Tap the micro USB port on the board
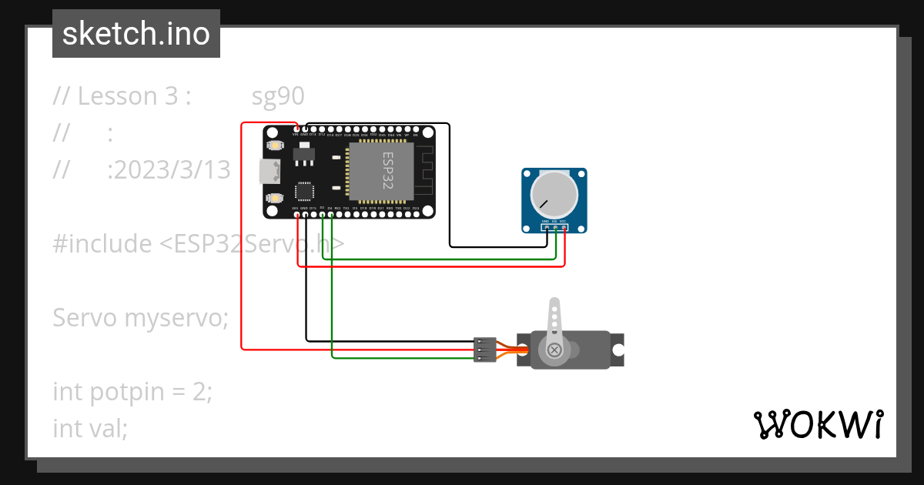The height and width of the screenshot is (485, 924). [271, 171]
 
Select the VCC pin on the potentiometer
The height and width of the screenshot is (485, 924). [564, 228]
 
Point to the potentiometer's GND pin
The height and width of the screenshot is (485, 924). [546, 228]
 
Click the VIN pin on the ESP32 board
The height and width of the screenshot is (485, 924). [296, 129]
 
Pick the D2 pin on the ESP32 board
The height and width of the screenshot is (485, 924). [322, 213]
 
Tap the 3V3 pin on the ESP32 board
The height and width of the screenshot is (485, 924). [296, 213]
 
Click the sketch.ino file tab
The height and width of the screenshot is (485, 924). [136, 34]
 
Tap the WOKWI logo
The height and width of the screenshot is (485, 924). [818, 424]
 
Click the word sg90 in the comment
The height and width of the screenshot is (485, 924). [278, 96]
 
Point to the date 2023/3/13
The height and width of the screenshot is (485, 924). [169, 170]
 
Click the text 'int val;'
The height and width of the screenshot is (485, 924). [90, 428]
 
